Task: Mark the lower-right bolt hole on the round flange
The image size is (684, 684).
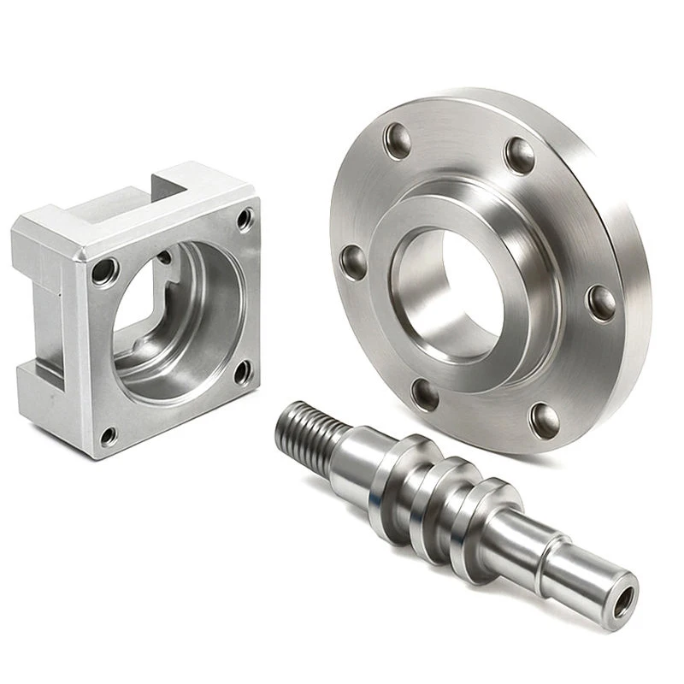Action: (545, 418)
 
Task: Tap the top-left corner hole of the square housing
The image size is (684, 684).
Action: (105, 273)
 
